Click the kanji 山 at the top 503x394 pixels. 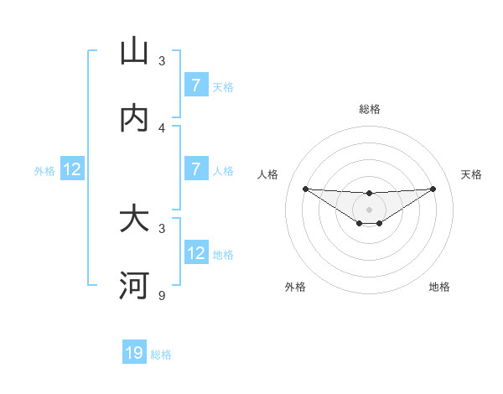click(134, 52)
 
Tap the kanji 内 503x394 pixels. click(134, 118)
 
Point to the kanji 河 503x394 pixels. click(134, 286)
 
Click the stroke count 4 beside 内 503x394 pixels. click(162, 127)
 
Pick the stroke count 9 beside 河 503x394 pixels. click(162, 295)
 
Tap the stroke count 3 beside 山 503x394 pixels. click(162, 61)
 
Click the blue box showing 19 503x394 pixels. click(134, 354)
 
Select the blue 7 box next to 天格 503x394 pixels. click(195, 86)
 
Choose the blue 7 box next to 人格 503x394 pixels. click(195, 169)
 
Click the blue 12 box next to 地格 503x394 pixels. click(195, 253)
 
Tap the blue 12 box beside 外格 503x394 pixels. click(72, 169)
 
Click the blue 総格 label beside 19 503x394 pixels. click(161, 355)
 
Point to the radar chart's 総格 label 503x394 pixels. click(369, 109)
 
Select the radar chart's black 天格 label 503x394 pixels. click(472, 174)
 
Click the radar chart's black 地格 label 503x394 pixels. click(439, 287)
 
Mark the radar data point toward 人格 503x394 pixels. click(305, 189)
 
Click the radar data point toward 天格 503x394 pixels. click(433, 189)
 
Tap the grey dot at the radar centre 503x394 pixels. click(369, 210)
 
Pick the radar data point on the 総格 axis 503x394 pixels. click(369, 194)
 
